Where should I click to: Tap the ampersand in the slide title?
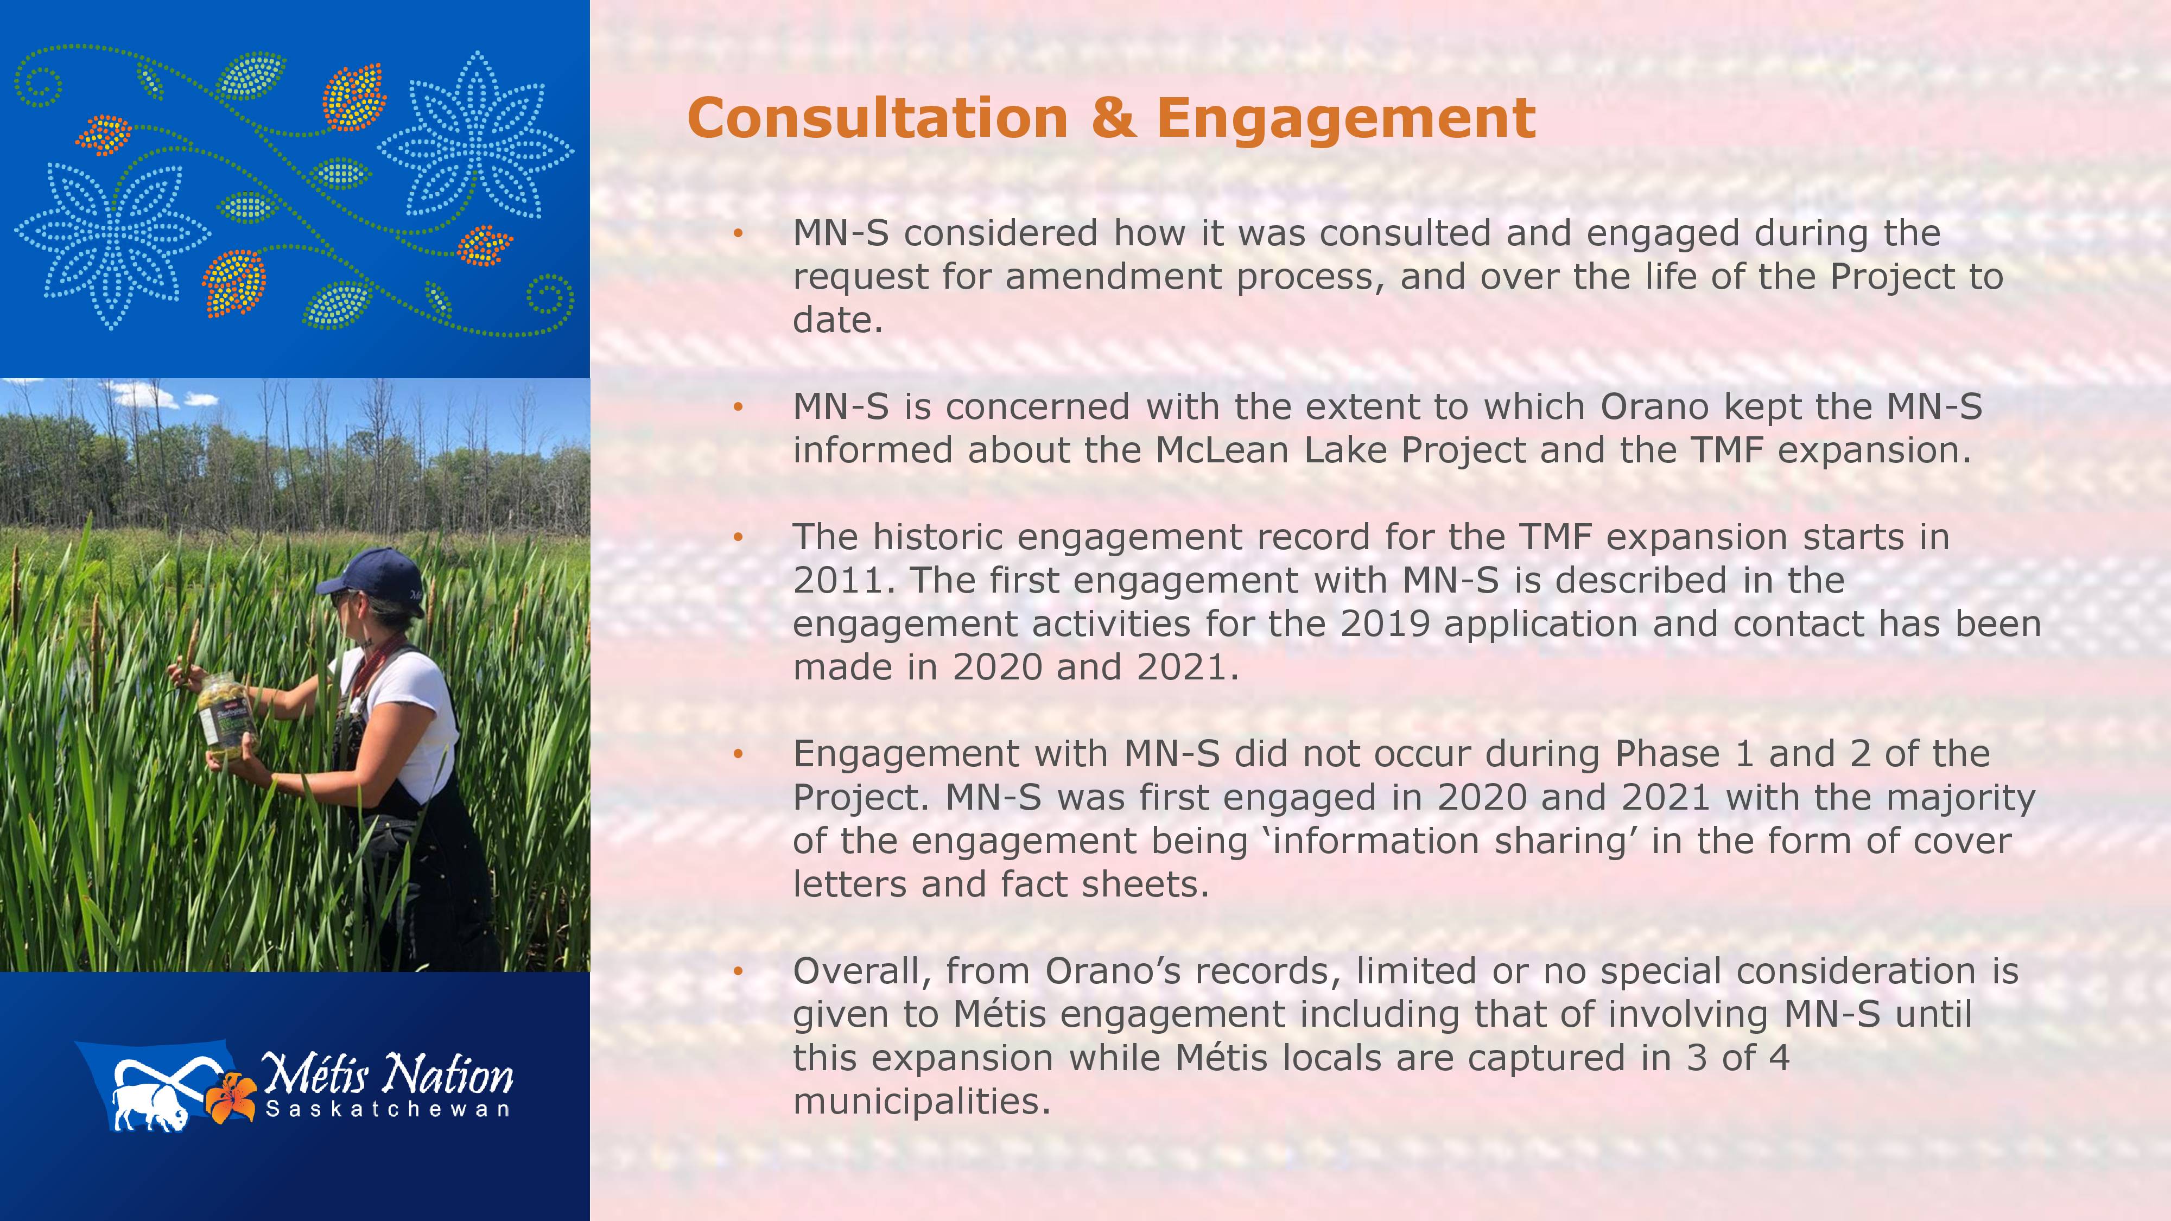point(1112,117)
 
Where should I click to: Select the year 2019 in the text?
point(1382,625)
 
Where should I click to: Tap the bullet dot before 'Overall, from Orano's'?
point(738,971)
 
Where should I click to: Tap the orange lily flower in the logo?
point(231,1097)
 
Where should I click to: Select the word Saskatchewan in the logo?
point(388,1109)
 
